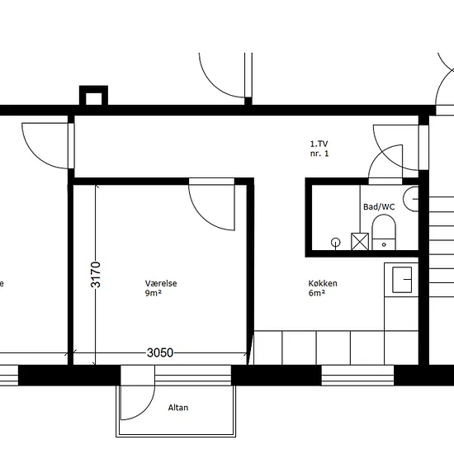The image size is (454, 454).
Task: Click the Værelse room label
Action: point(161,283)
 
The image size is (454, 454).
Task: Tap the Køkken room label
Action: point(323,283)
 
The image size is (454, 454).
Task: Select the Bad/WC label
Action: point(379,206)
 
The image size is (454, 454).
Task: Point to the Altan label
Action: point(178,408)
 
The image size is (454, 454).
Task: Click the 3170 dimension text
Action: point(96,275)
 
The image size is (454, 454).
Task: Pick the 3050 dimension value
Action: point(160,352)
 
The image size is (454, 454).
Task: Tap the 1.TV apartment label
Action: point(319,144)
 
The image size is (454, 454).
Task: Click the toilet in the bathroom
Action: point(384,232)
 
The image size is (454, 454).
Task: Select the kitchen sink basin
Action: point(402,280)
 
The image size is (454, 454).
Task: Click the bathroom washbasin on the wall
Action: point(411,199)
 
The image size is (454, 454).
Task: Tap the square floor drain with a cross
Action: point(360,242)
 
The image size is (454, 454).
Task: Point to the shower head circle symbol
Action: point(336,243)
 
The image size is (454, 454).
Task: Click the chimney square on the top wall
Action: point(93,96)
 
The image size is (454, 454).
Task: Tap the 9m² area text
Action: point(154,293)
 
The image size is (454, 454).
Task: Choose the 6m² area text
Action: point(317,293)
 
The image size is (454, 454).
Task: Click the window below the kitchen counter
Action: point(357,376)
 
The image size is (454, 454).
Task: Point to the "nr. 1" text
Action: point(319,154)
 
